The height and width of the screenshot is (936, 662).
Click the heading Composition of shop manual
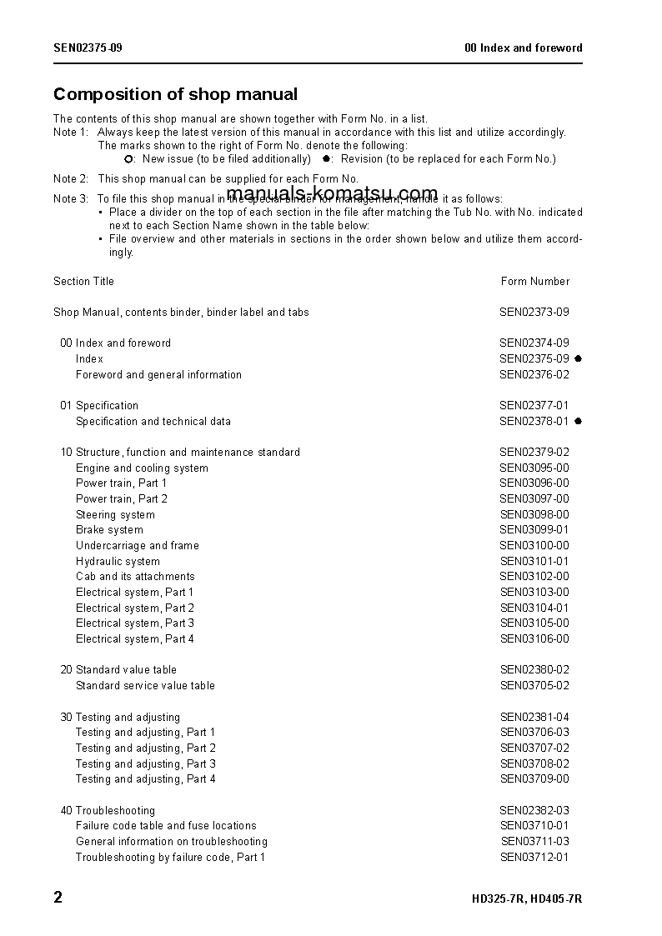coord(175,94)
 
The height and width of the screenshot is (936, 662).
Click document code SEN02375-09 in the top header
coord(88,48)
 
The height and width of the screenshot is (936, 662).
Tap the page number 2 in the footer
coord(58,898)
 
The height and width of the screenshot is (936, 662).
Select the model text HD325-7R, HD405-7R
coord(527,899)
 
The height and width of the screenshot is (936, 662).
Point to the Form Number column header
coord(534,281)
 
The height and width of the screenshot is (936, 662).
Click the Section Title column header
coord(83,281)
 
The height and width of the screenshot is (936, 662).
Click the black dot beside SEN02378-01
coord(578,421)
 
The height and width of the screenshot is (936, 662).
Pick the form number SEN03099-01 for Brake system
coord(534,530)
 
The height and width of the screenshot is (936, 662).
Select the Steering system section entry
coord(115,515)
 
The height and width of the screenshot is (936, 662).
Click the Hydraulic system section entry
coord(118,562)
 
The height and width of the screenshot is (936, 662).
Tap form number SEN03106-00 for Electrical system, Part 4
coord(534,639)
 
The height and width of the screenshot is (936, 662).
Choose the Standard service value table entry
coord(145,686)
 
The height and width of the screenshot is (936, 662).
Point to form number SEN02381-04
coord(534,717)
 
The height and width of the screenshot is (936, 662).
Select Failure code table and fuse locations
coord(166,826)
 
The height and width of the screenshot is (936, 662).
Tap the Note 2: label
coord(71,178)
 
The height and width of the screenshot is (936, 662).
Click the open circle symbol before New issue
coord(128,158)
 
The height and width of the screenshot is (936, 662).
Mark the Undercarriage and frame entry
coord(138,546)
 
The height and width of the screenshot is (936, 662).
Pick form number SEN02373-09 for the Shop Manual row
coord(534,313)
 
